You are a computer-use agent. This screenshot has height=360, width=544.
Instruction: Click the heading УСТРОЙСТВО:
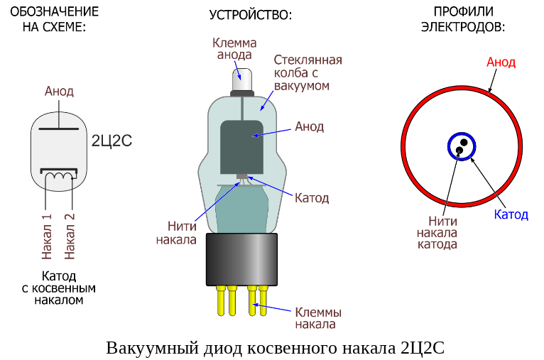(x=251, y=14)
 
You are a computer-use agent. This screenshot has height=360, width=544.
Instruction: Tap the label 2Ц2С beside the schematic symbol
(x=112, y=140)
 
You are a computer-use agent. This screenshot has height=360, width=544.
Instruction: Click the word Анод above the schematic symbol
(x=59, y=92)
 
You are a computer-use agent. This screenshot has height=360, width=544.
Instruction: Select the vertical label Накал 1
(x=47, y=236)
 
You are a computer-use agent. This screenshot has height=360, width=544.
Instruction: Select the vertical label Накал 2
(x=70, y=236)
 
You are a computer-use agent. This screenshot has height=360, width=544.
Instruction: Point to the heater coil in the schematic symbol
(x=59, y=176)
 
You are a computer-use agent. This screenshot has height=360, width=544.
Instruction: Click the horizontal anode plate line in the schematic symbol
(x=59, y=129)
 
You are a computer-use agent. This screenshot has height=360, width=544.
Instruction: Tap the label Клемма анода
(x=234, y=48)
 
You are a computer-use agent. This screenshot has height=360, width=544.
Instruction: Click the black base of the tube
(x=242, y=258)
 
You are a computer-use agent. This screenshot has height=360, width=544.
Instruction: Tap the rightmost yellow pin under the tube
(x=263, y=300)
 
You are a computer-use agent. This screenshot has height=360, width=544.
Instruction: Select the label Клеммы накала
(x=318, y=318)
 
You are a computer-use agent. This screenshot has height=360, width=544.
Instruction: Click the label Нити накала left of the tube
(x=176, y=233)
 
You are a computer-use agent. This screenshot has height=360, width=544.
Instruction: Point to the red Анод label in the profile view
(x=501, y=62)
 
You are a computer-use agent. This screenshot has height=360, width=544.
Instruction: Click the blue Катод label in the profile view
(x=511, y=214)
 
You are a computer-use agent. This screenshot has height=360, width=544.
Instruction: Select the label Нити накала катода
(x=437, y=233)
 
